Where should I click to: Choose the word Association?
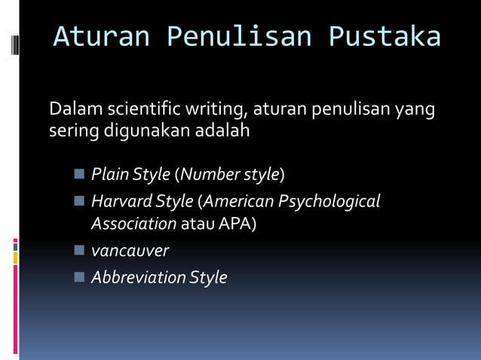[x=133, y=224]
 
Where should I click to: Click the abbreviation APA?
[x=237, y=224]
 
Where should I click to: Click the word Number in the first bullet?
[x=209, y=175]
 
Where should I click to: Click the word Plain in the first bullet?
[x=109, y=175]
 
